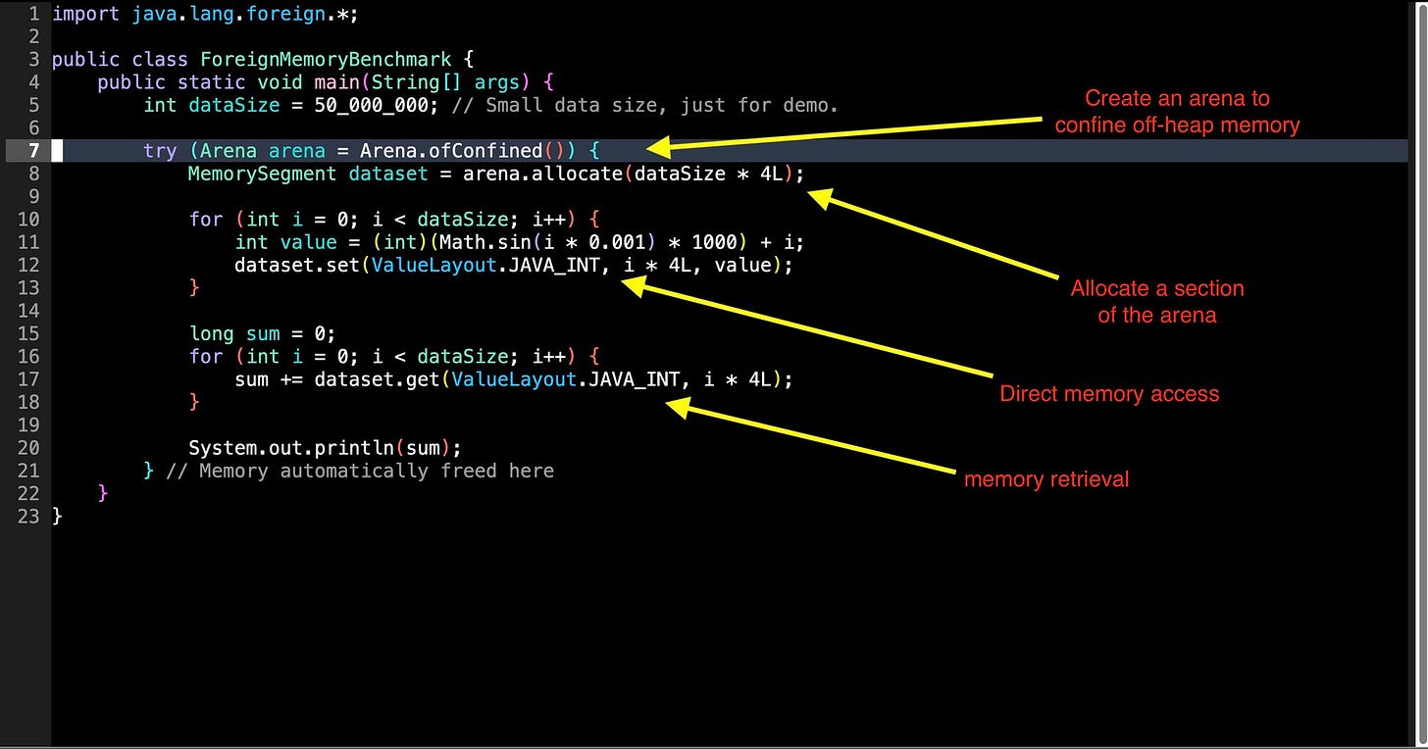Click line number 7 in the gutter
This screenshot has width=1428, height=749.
click(x=32, y=150)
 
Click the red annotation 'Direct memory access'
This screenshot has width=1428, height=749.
click(x=1109, y=394)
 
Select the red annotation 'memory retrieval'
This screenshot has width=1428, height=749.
click(x=1046, y=479)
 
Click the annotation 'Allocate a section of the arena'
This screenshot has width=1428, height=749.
click(x=1157, y=302)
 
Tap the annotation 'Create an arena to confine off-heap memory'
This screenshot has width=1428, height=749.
click(x=1177, y=112)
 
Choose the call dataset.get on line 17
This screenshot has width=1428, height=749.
click(x=378, y=379)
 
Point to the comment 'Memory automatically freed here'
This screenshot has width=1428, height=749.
click(x=376, y=472)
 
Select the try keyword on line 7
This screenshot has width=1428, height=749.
click(x=160, y=151)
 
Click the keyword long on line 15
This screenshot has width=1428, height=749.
click(x=212, y=334)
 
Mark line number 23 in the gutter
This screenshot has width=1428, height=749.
click(x=27, y=516)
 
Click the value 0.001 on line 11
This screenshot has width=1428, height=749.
click(x=625, y=242)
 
